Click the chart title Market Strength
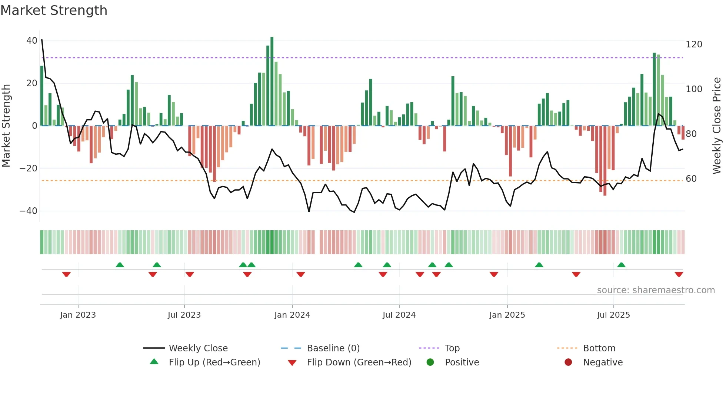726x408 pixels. (x=54, y=10)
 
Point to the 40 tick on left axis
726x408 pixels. (x=32, y=41)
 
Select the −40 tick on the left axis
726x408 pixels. (x=29, y=211)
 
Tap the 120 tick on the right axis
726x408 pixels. (x=694, y=44)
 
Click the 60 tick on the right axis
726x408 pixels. (x=691, y=179)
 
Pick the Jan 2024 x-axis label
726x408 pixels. (x=292, y=315)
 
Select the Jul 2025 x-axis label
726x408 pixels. (x=613, y=315)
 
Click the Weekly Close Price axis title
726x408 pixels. (x=717, y=126)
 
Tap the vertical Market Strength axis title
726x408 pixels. (x=6, y=126)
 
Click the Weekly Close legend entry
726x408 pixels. (x=198, y=348)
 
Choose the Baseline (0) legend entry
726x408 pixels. (x=333, y=348)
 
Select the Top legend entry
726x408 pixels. (x=452, y=348)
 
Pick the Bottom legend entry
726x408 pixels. (x=599, y=348)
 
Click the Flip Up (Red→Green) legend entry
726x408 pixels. (x=214, y=362)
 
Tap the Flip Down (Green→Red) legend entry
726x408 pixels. (x=359, y=362)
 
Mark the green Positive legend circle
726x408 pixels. (x=430, y=362)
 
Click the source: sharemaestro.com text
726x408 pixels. (x=656, y=290)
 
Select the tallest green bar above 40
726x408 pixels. (x=272, y=81)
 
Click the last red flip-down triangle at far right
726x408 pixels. (x=679, y=274)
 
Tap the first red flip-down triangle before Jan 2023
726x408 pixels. (x=66, y=274)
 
